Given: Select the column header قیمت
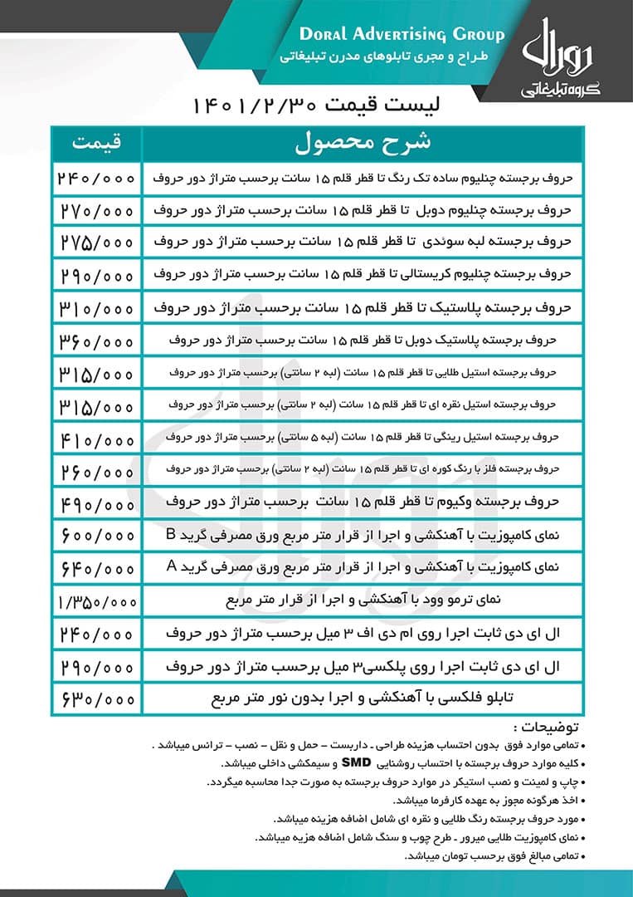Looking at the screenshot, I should point(97,143).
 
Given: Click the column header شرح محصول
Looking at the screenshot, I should point(363,143).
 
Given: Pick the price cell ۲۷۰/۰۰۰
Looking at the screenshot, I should point(97,209).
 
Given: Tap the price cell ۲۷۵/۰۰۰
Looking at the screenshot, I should point(97,242).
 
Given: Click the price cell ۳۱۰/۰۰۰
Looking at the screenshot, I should point(97,307).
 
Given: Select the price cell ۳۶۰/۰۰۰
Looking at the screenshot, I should point(97,340).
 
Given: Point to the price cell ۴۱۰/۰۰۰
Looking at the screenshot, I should point(97,437).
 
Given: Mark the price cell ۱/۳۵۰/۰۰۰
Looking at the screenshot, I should point(97,600).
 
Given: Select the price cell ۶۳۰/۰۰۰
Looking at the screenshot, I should point(97,698).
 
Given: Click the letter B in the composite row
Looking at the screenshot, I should point(172,534).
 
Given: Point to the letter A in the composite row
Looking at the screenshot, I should point(172,567).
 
